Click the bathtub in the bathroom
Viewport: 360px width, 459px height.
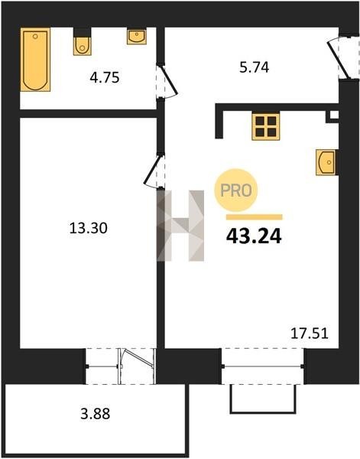[x=35, y=60]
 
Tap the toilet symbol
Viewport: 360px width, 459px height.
[x=83, y=41]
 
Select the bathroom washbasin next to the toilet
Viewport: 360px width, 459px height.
[x=137, y=36]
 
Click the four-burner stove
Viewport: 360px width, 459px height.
[x=266, y=126]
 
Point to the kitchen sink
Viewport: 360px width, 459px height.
[x=326, y=162]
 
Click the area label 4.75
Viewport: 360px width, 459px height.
[x=105, y=78]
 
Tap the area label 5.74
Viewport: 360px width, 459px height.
[x=254, y=67]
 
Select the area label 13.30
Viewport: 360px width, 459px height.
[x=89, y=228]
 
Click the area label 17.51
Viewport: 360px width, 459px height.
[x=310, y=334]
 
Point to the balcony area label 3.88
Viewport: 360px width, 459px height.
[x=96, y=414]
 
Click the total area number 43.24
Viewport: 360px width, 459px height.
[x=254, y=236]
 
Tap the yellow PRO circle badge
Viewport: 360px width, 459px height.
[x=236, y=190]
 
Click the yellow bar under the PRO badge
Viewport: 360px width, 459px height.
[x=254, y=217]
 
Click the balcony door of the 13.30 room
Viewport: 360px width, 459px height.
[x=137, y=366]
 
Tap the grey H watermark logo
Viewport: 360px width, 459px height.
[x=180, y=226]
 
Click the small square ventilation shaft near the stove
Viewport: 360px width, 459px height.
[x=332, y=116]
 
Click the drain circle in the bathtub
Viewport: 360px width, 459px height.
[x=35, y=36]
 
